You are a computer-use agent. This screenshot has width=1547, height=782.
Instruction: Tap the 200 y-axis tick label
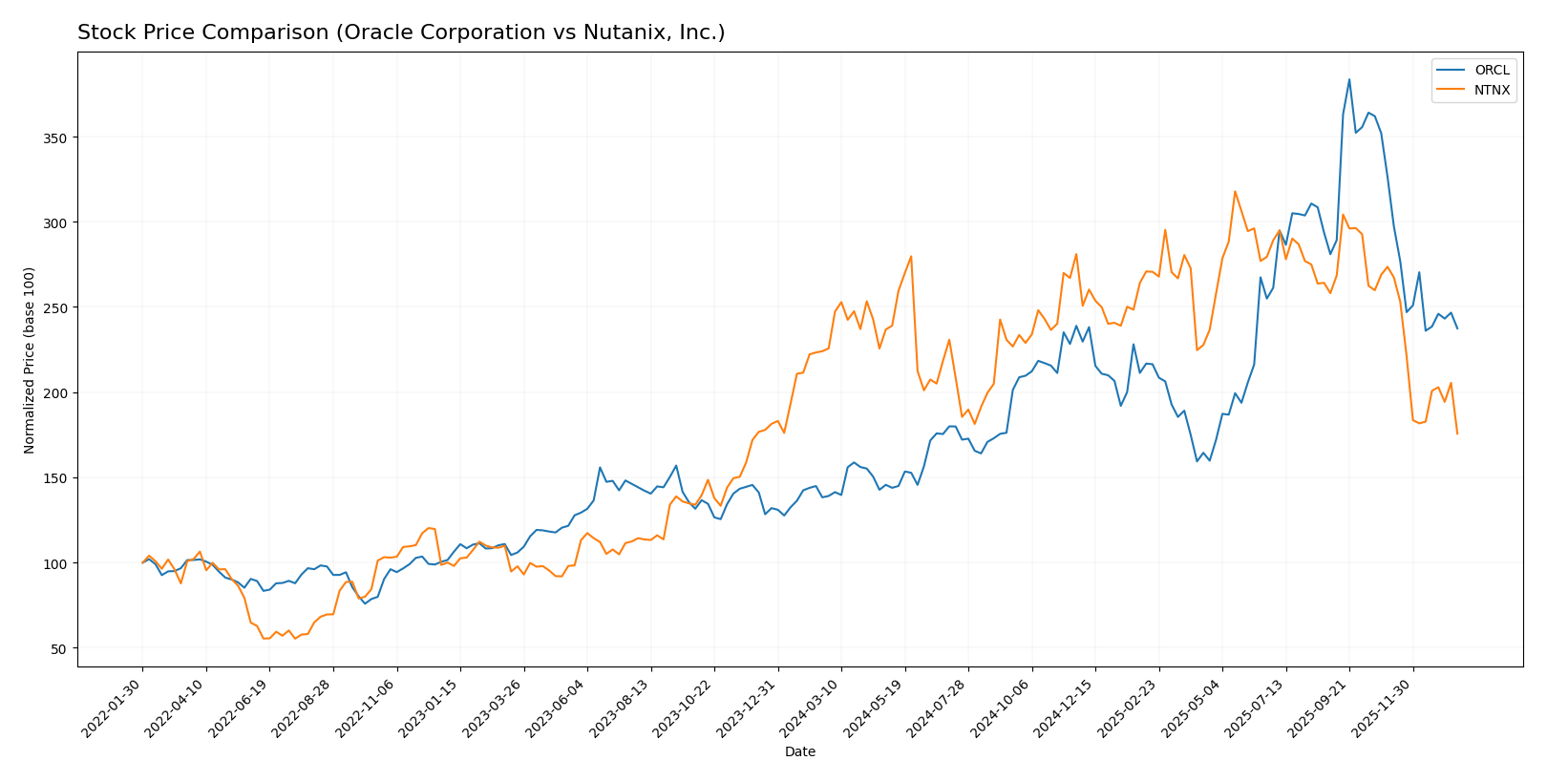pyautogui.click(x=55, y=392)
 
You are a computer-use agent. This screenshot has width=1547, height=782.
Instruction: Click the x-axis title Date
pyautogui.click(x=799, y=752)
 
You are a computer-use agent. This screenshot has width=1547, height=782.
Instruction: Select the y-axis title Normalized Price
pyautogui.click(x=30, y=360)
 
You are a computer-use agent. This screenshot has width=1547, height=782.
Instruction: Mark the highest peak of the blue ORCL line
pyautogui.click(x=1348, y=79)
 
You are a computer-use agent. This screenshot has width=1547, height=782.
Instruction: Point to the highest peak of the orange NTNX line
pyautogui.click(x=1235, y=191)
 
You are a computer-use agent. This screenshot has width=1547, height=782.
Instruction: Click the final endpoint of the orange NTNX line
pyautogui.click(x=1457, y=434)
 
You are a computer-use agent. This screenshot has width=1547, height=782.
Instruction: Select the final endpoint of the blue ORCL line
pyautogui.click(x=1457, y=328)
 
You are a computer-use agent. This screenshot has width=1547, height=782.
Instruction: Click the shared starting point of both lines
pyautogui.click(x=142, y=562)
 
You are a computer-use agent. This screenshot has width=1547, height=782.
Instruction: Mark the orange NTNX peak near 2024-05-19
pyautogui.click(x=911, y=256)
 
